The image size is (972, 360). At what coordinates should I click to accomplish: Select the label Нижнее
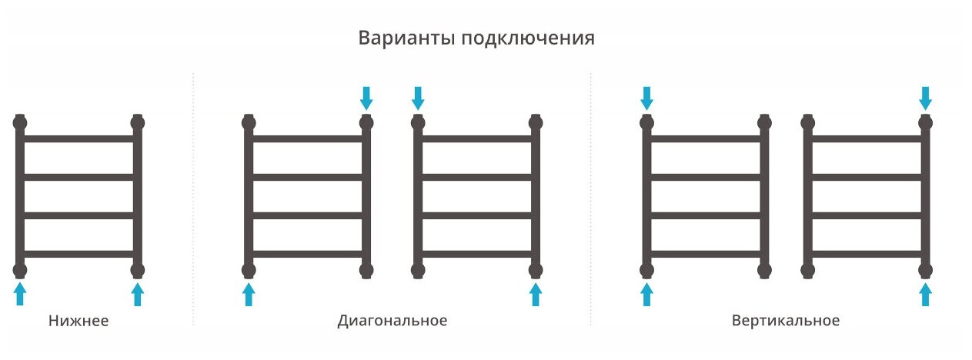click(x=78, y=321)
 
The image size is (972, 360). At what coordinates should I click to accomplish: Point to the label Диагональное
click(x=392, y=321)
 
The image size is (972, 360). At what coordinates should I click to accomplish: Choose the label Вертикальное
click(x=786, y=321)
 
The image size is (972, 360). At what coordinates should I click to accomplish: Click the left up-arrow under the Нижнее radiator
click(x=20, y=294)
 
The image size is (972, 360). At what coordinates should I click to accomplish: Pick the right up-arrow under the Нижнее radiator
click(x=138, y=294)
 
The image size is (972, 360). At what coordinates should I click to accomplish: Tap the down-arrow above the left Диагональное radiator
click(x=366, y=98)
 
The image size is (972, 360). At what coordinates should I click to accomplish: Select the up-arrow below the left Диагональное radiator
click(x=249, y=294)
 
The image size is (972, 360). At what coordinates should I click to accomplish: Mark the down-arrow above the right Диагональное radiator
click(x=418, y=98)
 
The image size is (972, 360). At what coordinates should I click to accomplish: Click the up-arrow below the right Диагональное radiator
click(x=536, y=294)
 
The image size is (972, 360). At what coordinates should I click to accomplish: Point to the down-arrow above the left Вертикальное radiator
click(x=647, y=98)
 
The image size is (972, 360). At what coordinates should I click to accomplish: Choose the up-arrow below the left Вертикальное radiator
click(x=647, y=294)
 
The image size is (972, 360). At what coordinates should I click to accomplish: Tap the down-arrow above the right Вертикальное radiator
click(x=925, y=98)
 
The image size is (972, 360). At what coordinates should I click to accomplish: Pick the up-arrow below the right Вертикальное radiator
click(x=925, y=294)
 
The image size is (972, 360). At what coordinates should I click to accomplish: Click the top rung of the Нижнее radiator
click(x=78, y=139)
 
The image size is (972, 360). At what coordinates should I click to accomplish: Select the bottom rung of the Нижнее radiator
click(x=78, y=254)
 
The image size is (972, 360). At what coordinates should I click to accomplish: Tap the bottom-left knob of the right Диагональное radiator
click(x=418, y=270)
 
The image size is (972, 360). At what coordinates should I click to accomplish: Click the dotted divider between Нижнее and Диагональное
click(x=192, y=200)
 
